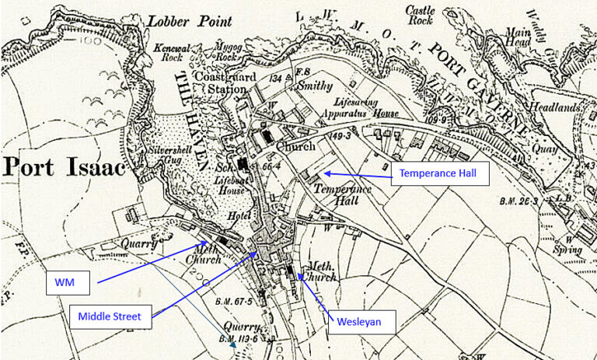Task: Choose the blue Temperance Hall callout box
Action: click(x=441, y=174)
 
